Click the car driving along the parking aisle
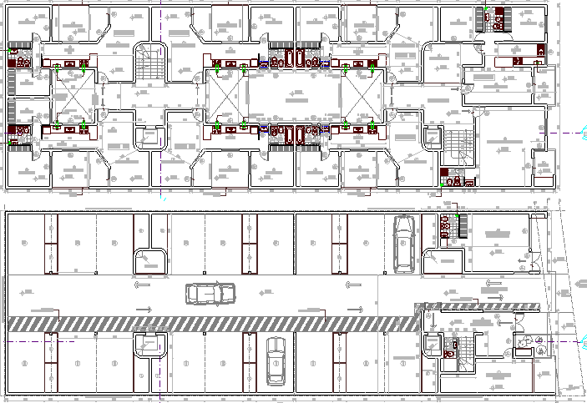(x=210, y=294)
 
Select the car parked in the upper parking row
(x=403, y=242)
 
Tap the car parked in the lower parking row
(x=276, y=363)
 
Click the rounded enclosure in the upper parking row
(x=151, y=257)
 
